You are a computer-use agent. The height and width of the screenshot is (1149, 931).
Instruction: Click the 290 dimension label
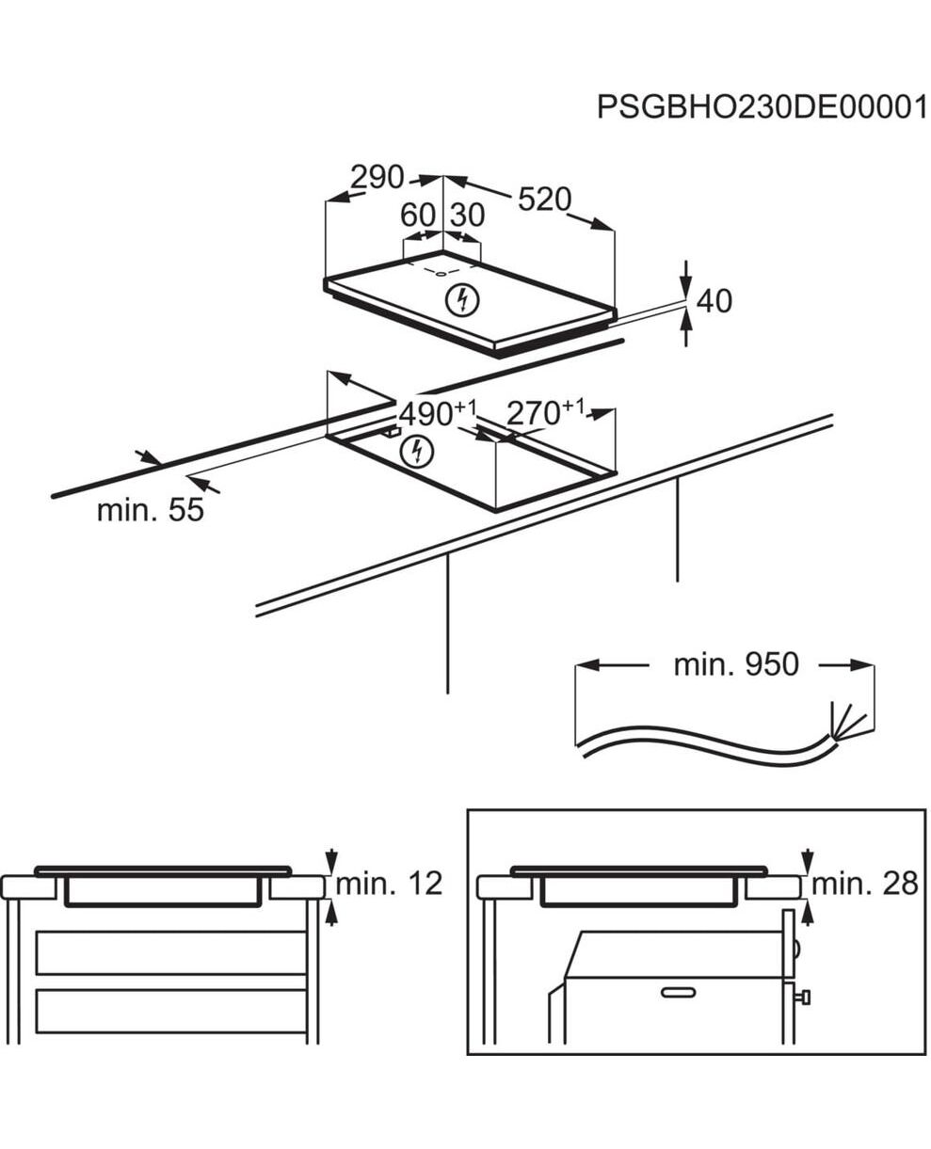377,177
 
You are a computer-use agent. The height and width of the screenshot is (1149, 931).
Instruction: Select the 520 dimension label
544,199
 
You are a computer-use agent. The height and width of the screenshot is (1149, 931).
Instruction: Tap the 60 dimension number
418,215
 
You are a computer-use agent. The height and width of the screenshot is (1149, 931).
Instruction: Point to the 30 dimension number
467,215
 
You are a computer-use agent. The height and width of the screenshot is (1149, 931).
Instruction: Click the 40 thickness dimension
713,301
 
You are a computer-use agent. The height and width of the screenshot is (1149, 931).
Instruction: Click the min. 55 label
151,511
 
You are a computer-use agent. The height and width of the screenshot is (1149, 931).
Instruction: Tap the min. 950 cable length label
735,665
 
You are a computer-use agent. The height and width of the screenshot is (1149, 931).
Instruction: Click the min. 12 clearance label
389,884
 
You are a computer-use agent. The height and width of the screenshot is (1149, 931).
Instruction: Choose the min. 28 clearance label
864,884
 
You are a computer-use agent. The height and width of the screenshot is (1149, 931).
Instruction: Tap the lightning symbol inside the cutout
415,452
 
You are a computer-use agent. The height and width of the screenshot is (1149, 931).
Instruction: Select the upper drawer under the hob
171,952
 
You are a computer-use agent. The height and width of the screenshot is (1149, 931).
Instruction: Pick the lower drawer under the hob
171,1012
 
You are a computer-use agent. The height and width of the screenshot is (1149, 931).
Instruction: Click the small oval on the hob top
440,273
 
